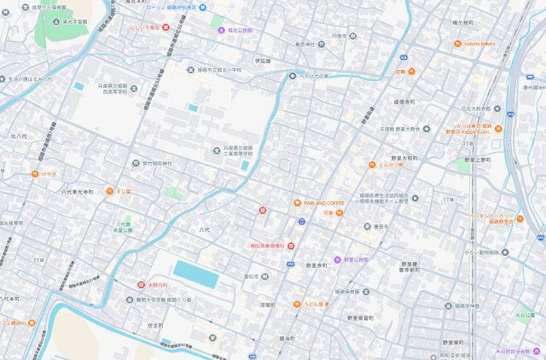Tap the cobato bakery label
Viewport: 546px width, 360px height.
click(480, 43)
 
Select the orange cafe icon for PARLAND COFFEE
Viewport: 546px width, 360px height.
click(297, 202)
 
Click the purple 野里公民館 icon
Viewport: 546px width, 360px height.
click(336, 258)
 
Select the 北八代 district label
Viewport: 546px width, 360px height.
click(19, 136)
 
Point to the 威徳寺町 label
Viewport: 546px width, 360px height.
click(404, 102)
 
